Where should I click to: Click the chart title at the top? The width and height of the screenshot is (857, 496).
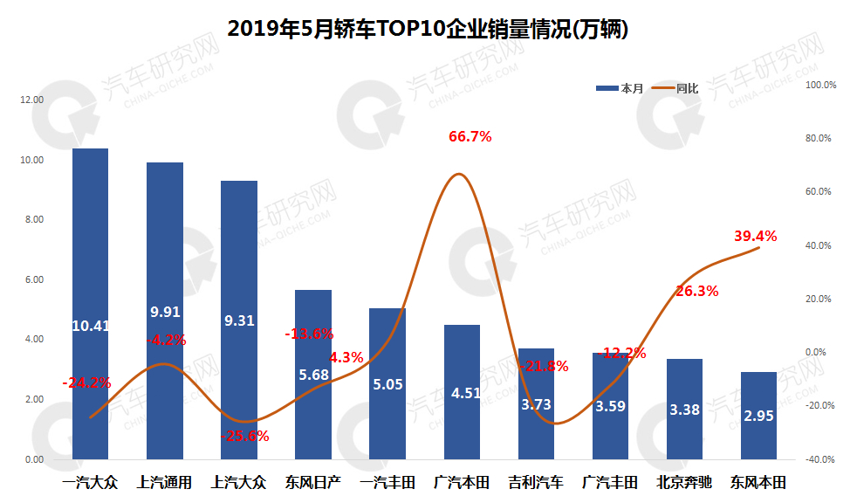[x=428, y=30]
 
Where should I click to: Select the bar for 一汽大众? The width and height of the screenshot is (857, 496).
[x=90, y=262]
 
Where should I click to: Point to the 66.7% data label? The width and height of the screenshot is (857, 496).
[x=470, y=136]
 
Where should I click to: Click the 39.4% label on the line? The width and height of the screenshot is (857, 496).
[x=755, y=236]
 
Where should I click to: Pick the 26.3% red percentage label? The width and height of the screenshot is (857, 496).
[x=696, y=292]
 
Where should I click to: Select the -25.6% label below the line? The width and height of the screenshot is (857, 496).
[x=247, y=436]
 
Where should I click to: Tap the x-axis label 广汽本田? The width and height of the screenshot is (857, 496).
[x=462, y=482]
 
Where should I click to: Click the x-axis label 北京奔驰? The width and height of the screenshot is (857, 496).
[x=684, y=482]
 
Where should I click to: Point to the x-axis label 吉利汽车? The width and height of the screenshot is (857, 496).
[x=536, y=482]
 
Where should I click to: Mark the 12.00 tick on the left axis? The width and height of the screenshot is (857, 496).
[x=32, y=100]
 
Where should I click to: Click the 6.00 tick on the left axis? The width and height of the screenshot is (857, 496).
[x=34, y=280]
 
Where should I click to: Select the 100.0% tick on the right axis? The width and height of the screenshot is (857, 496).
[x=820, y=86]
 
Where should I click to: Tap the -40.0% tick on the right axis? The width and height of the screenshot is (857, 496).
[x=820, y=459]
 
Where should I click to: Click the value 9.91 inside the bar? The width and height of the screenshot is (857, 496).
[x=165, y=312]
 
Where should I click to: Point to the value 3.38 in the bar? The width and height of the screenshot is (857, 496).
[x=684, y=409]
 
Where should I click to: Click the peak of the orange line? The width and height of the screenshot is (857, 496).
[x=460, y=175]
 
